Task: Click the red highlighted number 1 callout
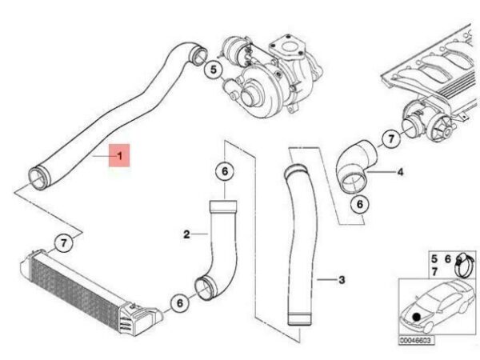pos(120,157)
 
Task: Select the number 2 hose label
pos(186,234)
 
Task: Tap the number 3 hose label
pos(342,280)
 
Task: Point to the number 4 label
pos(401,171)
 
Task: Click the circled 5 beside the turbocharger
pos(214,70)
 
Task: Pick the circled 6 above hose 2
pos(225,171)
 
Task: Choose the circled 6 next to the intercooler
pos(180,302)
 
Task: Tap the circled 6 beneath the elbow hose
pos(360,205)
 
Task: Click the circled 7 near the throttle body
pos(390,139)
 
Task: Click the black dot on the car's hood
pos(418,318)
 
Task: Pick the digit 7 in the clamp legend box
pos(434,273)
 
